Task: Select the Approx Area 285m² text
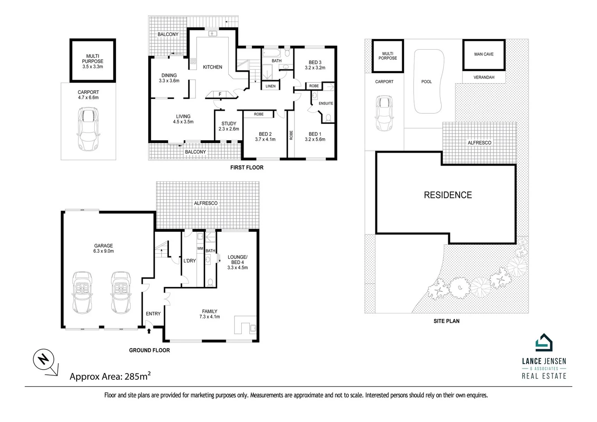click(x=110, y=377)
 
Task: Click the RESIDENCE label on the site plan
click(x=448, y=195)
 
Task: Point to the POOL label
click(x=427, y=82)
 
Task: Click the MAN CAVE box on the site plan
click(x=484, y=54)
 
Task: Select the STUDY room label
click(x=229, y=123)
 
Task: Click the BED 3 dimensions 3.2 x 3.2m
click(x=315, y=68)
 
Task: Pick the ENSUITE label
click(x=326, y=104)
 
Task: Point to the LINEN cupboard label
click(x=270, y=86)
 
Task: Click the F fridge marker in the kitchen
click(x=220, y=94)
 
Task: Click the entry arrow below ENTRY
click(x=149, y=331)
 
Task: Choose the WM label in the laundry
click(x=200, y=249)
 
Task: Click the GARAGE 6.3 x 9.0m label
click(x=103, y=249)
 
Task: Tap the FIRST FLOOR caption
click(x=246, y=168)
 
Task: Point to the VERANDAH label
click(x=484, y=77)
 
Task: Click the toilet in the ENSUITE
click(x=328, y=117)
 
